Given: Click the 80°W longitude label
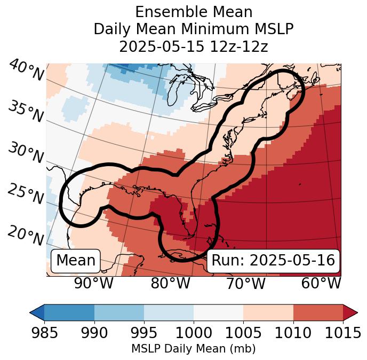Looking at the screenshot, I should (x=170, y=283).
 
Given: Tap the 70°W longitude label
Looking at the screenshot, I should (x=245, y=283).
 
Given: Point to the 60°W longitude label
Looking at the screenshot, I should (x=321, y=283).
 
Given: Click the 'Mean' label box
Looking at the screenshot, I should (x=76, y=260).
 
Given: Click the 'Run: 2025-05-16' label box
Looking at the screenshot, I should (x=273, y=260).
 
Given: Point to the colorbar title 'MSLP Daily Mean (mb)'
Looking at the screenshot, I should (x=193, y=349).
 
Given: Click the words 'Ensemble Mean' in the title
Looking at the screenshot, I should (x=193, y=12).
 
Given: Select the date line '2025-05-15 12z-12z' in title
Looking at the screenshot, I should (x=193, y=46).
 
